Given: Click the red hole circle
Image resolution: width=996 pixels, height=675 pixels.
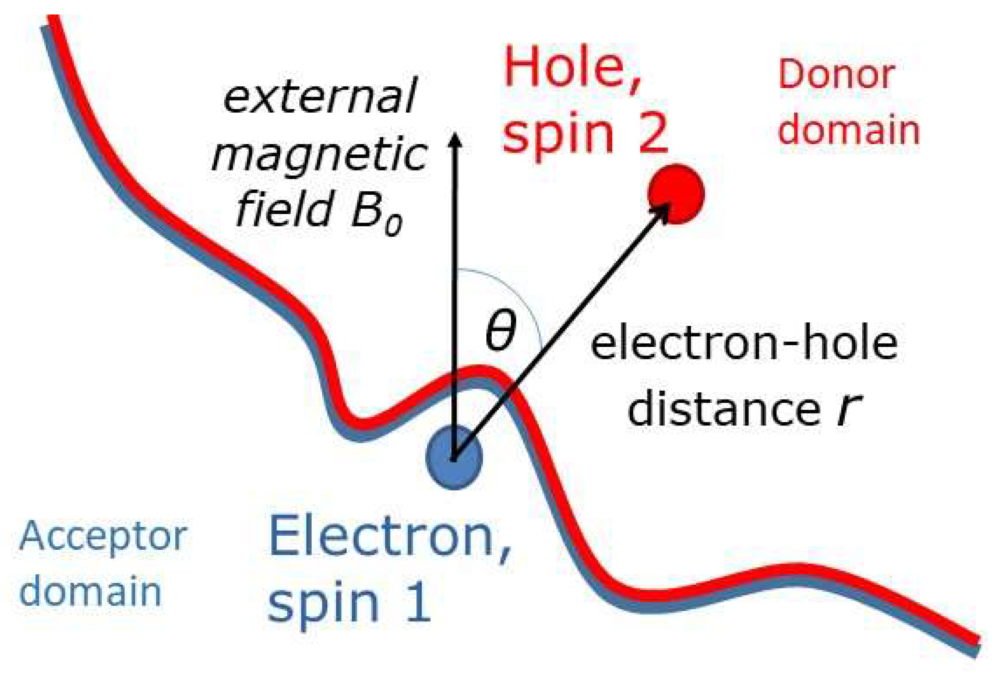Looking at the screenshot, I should [x=676, y=194].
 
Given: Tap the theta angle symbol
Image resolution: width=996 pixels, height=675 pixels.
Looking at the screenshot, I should [x=500, y=331].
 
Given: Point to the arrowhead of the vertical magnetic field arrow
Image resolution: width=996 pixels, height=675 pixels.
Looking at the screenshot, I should [x=455, y=139].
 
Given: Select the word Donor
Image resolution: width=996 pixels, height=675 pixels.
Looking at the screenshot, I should [x=836, y=75].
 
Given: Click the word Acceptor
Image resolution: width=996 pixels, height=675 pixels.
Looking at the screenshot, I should [x=103, y=538].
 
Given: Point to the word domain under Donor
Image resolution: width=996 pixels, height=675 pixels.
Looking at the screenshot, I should [x=849, y=130].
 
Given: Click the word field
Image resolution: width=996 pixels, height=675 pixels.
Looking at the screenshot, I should [x=285, y=210].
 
